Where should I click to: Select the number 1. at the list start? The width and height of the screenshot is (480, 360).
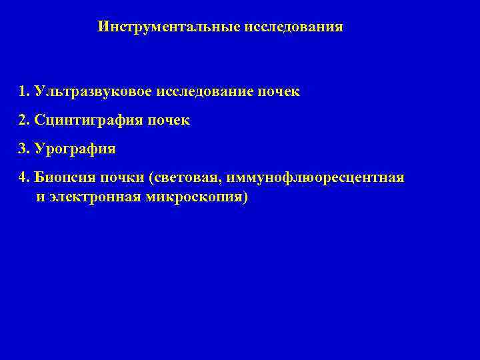[25, 91]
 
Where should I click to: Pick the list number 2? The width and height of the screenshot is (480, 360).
[25, 121]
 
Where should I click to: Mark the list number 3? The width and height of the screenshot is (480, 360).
[25, 149]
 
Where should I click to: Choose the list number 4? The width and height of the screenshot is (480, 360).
[25, 178]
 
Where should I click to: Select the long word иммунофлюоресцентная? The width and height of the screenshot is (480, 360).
[315, 179]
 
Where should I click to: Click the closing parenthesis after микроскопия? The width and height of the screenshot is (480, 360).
[245, 198]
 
